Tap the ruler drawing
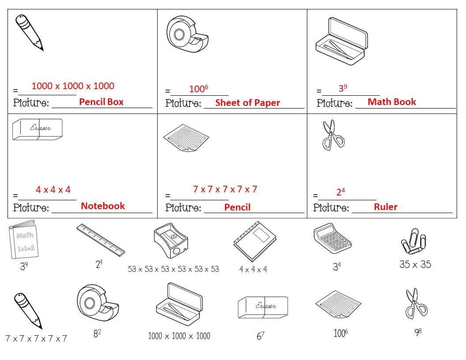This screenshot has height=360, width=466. tap(101, 240)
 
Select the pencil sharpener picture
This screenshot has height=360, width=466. tap(171, 240)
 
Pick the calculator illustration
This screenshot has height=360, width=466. tap(333, 238)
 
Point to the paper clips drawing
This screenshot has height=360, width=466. tap(413, 241)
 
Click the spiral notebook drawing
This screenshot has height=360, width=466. tap(255, 241)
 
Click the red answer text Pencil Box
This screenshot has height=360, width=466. tap(101, 102)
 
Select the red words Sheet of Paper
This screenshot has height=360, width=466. tap(248, 103)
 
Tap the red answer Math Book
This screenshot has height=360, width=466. tap(392, 102)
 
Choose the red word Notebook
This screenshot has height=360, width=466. tap(103, 206)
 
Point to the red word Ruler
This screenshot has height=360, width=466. tap(385, 207)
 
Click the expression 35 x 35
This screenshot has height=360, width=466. tap(415, 264)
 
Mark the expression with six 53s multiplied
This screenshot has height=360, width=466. tap(173, 269)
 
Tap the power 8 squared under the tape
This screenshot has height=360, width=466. tap(97, 333)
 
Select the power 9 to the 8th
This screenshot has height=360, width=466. tap(418, 332)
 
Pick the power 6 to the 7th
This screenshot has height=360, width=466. tap(260, 336)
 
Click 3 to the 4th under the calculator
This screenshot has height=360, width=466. tap(337, 266)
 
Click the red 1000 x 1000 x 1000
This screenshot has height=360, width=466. tap(73, 86)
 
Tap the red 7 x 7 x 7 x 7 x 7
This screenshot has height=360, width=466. tap(225, 189)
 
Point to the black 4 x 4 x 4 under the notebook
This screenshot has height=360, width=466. tap(253, 270)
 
